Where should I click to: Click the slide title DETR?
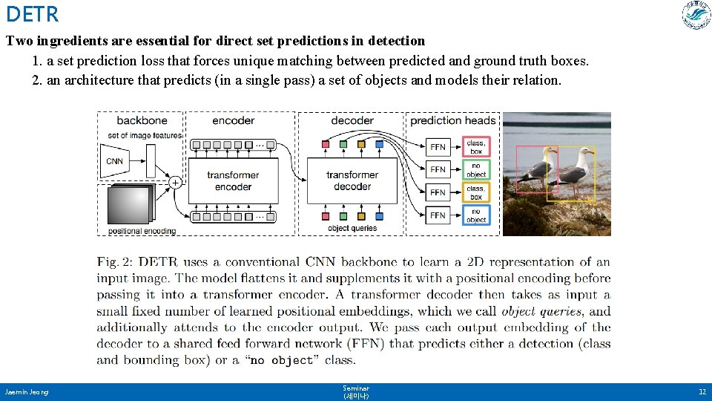[31, 13]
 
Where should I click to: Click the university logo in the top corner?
[696, 16]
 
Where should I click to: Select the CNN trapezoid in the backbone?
[114, 161]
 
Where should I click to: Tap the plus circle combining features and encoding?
[176, 181]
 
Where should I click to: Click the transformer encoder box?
[233, 180]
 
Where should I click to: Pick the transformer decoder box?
[352, 180]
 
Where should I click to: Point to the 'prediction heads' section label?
[452, 120]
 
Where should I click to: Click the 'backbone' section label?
[142, 120]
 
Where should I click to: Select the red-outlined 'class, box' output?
[476, 146]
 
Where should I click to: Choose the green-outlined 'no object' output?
[476, 170]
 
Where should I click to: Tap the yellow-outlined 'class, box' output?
[476, 192]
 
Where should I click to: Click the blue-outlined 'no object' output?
[476, 215]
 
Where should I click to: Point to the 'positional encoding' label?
[142, 231]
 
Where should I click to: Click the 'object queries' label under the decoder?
[352, 228]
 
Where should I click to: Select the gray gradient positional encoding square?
[128, 205]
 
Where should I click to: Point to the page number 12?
[702, 391]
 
